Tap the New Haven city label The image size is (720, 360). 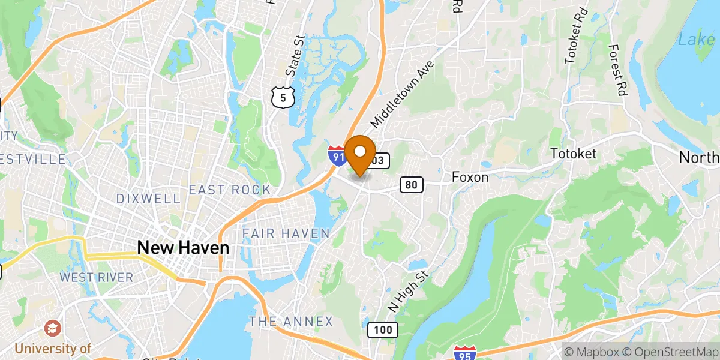coord(183,247)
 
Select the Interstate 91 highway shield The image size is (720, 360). coord(337,155)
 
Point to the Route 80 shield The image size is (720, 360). coord(411,185)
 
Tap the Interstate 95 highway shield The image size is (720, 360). coord(464,353)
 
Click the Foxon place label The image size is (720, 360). coord(470,177)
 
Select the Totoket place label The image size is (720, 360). coord(574,154)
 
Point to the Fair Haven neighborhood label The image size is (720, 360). coord(286,233)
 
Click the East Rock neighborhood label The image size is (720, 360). coord(229,190)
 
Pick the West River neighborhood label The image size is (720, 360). coord(96,277)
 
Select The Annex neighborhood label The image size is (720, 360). coord(291,322)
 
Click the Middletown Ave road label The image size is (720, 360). coord(401,96)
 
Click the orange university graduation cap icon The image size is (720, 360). coord(53,328)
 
